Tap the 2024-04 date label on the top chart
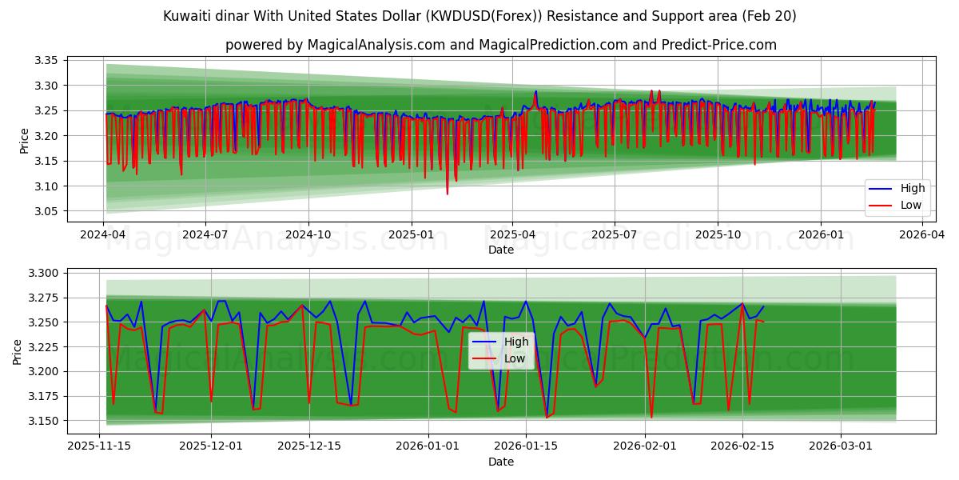click(x=103, y=235)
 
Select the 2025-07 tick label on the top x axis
click(x=615, y=235)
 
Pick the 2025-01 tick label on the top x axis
click(x=412, y=235)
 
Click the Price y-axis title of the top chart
click(x=24, y=141)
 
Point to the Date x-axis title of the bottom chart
click(x=501, y=462)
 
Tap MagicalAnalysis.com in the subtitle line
click(x=376, y=45)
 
